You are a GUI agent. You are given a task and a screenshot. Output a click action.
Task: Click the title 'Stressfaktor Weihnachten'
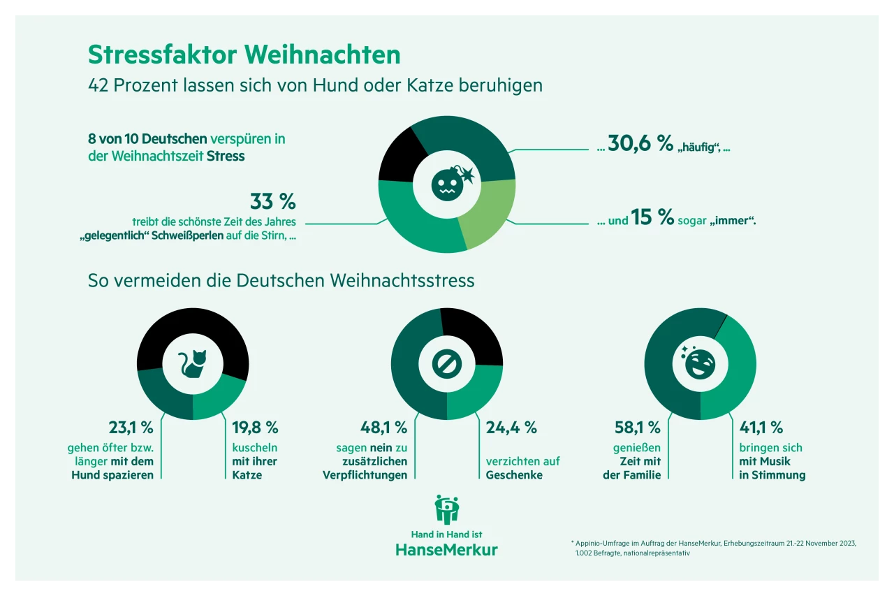click(244, 54)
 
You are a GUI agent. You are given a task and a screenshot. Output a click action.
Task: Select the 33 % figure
click(272, 201)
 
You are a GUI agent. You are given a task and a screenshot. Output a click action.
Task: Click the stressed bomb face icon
click(448, 183)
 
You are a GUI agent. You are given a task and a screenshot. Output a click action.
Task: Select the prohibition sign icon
click(446, 363)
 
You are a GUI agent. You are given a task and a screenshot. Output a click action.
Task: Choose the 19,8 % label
click(255, 427)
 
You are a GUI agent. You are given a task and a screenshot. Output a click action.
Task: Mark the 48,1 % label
click(383, 427)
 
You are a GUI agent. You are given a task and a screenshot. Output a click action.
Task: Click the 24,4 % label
click(511, 427)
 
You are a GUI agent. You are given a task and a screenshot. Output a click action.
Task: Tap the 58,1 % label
click(636, 427)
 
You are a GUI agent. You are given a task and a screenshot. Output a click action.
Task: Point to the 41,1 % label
click(761, 427)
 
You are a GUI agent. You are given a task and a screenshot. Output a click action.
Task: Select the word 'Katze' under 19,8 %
click(247, 475)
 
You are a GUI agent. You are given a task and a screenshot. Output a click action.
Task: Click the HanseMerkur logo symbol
click(447, 509)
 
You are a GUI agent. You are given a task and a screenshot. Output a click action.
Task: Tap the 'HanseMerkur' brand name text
click(447, 549)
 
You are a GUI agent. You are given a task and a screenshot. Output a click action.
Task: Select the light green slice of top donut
click(489, 213)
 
